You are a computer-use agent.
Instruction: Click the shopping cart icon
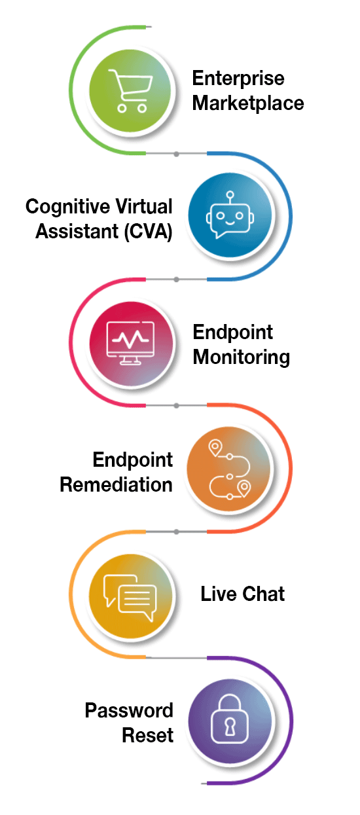[x=130, y=90]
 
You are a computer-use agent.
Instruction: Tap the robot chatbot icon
[x=230, y=215]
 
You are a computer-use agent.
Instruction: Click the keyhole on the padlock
[x=230, y=726]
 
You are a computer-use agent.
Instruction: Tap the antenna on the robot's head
[x=230, y=198]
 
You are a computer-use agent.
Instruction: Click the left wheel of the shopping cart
[x=122, y=108]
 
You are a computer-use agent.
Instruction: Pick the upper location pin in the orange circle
[x=215, y=448]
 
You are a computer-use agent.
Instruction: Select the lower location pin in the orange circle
[x=244, y=488]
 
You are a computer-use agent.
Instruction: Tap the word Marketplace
[x=248, y=103]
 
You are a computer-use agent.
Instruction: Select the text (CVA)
[x=148, y=232]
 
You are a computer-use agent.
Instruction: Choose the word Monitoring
[x=242, y=357]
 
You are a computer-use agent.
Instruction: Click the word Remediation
[x=116, y=484]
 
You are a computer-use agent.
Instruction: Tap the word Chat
[x=264, y=594]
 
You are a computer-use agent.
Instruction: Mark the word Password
[x=129, y=710]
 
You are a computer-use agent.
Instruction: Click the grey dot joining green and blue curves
[x=176, y=154]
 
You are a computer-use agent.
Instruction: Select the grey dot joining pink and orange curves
[x=176, y=405]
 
